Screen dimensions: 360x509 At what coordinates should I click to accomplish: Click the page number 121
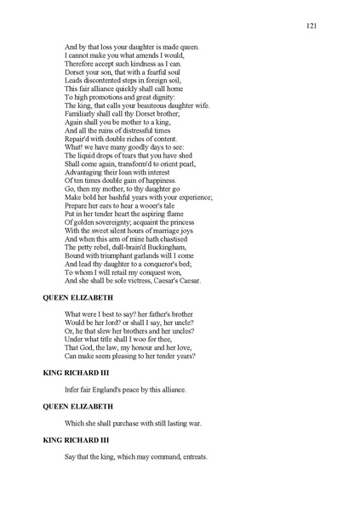pos(311,26)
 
